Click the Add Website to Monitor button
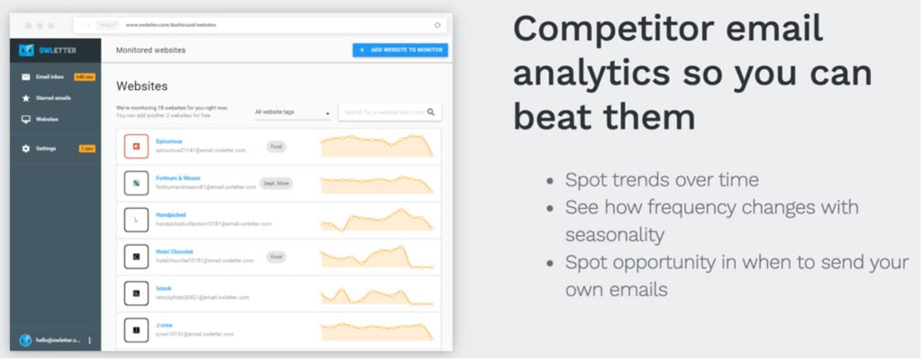click(400, 49)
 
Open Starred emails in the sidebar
click(52, 97)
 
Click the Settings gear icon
click(26, 148)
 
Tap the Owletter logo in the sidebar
click(41, 49)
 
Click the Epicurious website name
click(168, 140)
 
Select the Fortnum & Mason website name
click(177, 178)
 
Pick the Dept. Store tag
click(276, 183)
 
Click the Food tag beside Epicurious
click(276, 145)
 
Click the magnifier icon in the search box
click(431, 112)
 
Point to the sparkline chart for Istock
click(376, 295)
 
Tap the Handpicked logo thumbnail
click(136, 220)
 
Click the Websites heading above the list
click(141, 85)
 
